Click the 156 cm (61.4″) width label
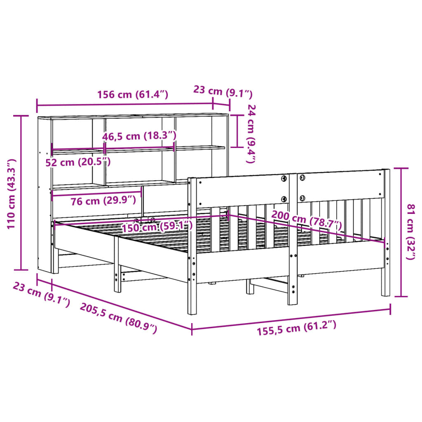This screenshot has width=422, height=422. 133,95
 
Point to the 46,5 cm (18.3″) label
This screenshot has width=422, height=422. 139,136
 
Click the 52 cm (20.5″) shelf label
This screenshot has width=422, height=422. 78,162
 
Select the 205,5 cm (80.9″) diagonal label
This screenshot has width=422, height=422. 119,318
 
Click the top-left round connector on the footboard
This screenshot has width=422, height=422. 284,178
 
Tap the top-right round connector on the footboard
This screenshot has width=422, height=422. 302,178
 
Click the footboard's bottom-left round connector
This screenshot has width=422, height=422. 284,199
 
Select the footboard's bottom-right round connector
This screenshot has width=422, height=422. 302,198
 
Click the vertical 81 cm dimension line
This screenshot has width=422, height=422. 401,232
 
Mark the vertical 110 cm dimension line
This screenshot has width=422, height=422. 21,193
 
